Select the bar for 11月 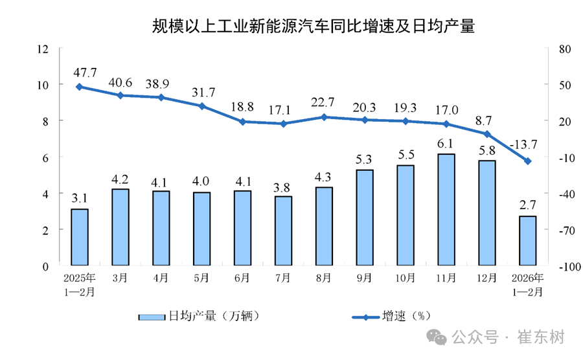point(446,210)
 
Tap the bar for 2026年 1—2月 point(527,241)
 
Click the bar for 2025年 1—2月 point(80,237)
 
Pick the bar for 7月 point(283,231)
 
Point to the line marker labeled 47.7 point(79,87)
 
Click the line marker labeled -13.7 point(528,161)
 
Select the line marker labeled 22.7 point(324,117)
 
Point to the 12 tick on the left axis point(43,49)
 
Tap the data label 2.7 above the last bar point(527,205)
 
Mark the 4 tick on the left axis point(46,194)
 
